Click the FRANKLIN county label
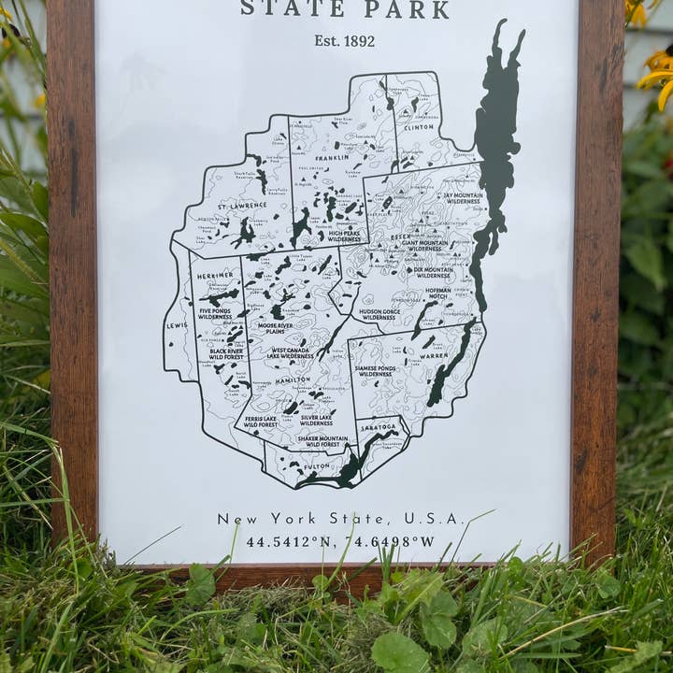click(332, 158)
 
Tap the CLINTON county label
click(419, 127)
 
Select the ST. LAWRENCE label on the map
click(242, 205)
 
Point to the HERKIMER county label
click(215, 275)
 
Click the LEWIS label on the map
click(177, 326)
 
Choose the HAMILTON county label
click(293, 380)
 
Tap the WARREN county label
click(434, 355)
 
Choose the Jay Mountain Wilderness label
click(462, 198)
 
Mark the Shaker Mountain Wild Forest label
click(321, 441)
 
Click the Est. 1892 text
click(344, 40)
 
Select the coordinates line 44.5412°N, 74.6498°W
click(340, 541)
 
